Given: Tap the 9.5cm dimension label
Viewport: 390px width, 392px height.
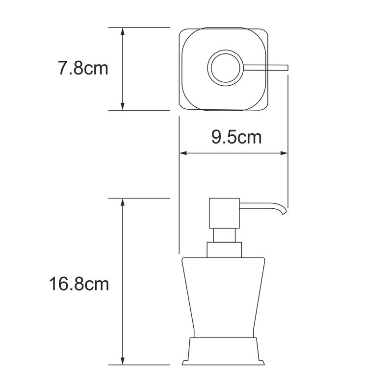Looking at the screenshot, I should pos(236,137).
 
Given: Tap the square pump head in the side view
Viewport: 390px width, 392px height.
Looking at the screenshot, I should pos(224,213).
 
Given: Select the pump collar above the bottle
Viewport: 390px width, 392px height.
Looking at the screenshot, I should pos(224,249).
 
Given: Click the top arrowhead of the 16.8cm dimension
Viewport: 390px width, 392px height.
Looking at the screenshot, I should pos(123,202).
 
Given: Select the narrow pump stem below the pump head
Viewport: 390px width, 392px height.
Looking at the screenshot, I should pos(224,235).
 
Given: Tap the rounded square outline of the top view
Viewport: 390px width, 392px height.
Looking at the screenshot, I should pos(182,69).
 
